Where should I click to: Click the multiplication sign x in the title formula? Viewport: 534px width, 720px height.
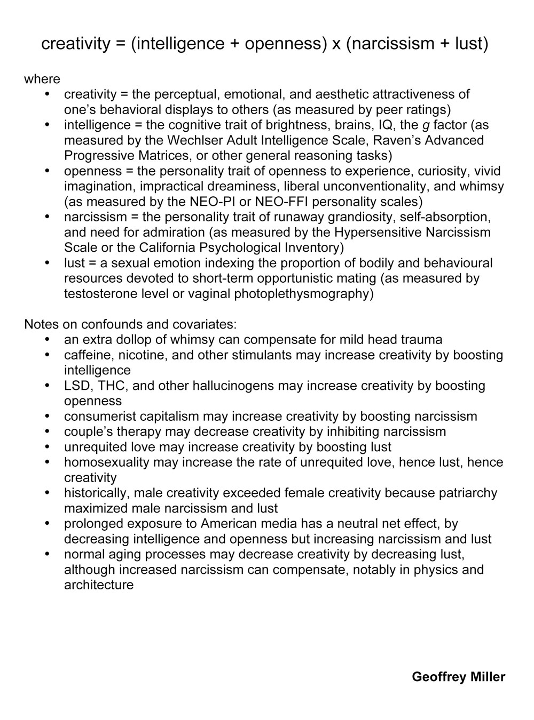pyautogui.click(x=336, y=44)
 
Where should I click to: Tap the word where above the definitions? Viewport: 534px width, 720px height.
pyautogui.click(x=42, y=79)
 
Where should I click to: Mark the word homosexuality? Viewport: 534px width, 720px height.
pyautogui.click(x=107, y=462)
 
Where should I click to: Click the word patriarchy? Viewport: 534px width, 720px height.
pyautogui.click(x=466, y=493)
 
